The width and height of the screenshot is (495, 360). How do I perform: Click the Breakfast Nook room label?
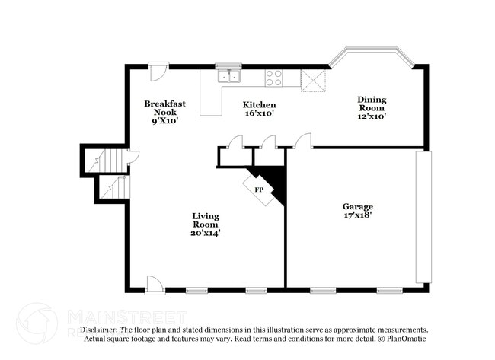(161, 112)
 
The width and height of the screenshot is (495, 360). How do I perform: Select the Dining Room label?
(372, 107)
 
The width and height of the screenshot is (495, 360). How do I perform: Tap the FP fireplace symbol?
(259, 189)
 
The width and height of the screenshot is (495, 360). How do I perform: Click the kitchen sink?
(228, 76)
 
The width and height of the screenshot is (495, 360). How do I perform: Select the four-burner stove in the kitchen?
(273, 78)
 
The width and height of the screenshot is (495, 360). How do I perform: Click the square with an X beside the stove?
(313, 81)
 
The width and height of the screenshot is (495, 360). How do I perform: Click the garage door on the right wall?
(423, 218)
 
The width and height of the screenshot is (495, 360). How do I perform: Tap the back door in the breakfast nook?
(158, 72)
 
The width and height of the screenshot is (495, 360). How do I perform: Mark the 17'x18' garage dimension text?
(357, 215)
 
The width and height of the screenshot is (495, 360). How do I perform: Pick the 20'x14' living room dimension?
(206, 233)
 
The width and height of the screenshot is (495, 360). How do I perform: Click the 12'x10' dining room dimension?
(372, 116)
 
